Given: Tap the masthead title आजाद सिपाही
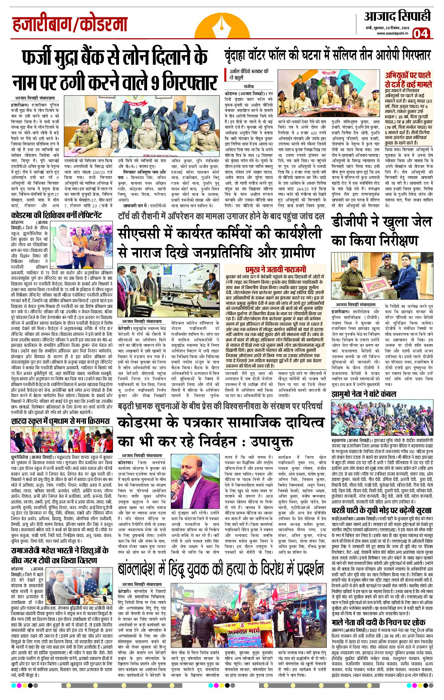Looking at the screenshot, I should [x=397, y=16].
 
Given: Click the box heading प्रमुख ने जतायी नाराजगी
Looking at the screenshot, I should [x=275, y=269].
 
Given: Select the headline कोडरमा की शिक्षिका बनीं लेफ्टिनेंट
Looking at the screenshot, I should [x=56, y=215].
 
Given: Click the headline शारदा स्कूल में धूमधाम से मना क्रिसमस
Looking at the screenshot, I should [x=60, y=421].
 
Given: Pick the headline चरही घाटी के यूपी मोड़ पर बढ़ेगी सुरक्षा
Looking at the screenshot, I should [x=381, y=510].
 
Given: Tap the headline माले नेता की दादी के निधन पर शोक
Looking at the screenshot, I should [x=378, y=622].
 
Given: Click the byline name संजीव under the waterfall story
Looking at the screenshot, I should [x=240, y=86].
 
